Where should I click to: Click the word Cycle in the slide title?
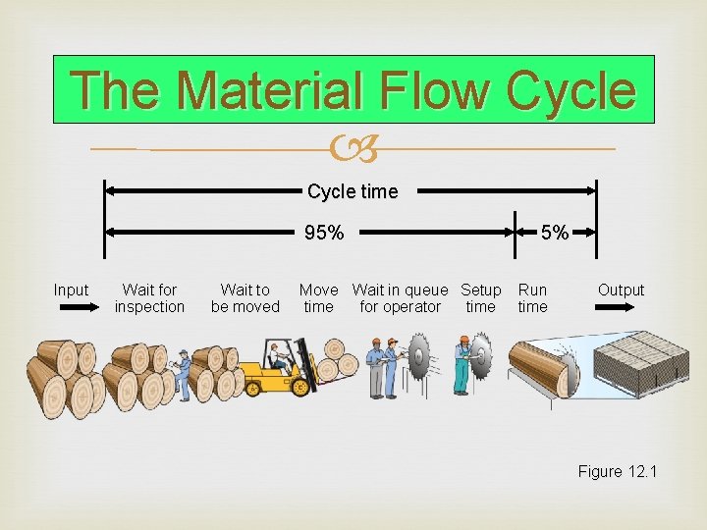coord(571,91)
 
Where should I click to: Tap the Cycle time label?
coord(353,191)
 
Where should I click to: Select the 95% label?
coord(324,234)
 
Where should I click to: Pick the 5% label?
coord(555,234)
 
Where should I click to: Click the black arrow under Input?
coord(72,308)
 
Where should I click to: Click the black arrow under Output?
coord(621,308)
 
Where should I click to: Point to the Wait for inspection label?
coord(149,298)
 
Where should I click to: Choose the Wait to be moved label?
coord(245,298)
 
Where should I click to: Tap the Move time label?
coord(318,298)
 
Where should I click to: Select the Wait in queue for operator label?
coord(400,298)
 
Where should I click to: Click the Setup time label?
coord(481,298)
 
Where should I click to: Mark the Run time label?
coord(532,298)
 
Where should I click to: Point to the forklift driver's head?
coord(274,348)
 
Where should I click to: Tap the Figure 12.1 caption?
coord(617,472)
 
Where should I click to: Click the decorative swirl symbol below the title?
coord(353,149)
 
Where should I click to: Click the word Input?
coord(71,291)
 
